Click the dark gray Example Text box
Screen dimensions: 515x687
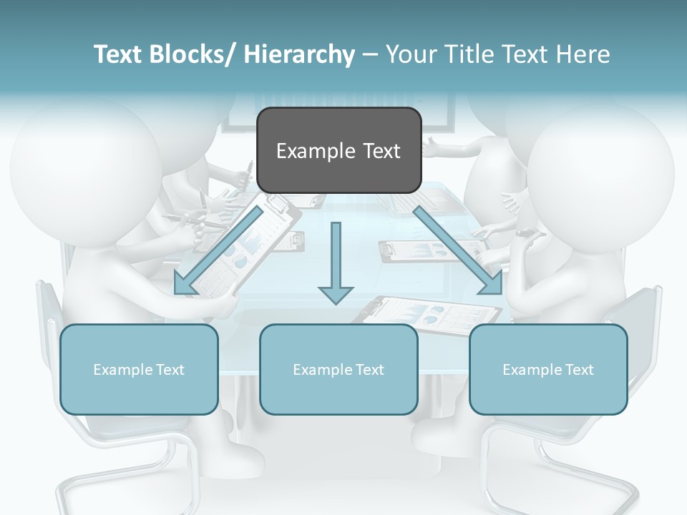[x=338, y=150]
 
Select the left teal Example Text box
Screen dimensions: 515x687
[x=139, y=369]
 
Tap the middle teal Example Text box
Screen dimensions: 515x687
[x=338, y=369]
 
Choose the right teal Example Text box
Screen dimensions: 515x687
[x=548, y=369]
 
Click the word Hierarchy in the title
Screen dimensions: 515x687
[x=299, y=54]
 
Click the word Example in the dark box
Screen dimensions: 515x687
[x=309, y=151]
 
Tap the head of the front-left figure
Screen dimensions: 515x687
[x=84, y=172]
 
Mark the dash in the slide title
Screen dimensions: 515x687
[x=370, y=55]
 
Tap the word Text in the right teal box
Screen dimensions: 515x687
[x=579, y=369]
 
